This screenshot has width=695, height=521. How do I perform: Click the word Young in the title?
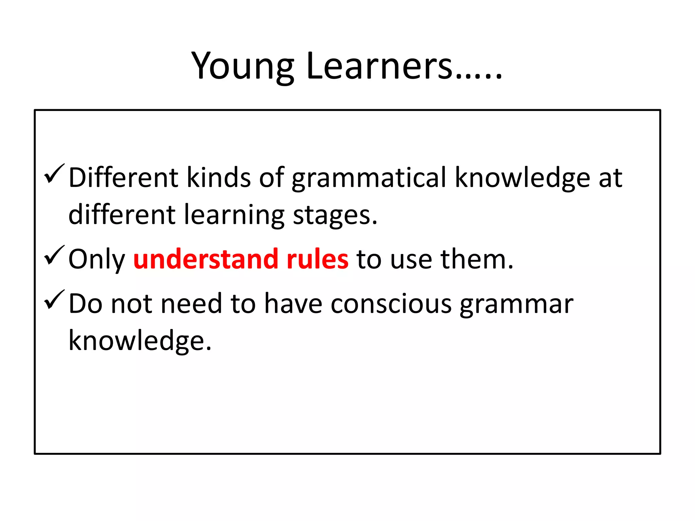242,66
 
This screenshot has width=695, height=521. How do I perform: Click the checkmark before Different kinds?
54,174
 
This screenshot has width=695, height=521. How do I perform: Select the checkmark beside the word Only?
54,255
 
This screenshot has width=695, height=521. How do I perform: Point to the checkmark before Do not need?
54,300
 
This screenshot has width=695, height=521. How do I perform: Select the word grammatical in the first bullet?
369,178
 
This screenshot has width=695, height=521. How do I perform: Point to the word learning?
234,215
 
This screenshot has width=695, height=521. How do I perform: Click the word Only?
96,259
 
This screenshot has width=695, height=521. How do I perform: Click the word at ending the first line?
610,178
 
